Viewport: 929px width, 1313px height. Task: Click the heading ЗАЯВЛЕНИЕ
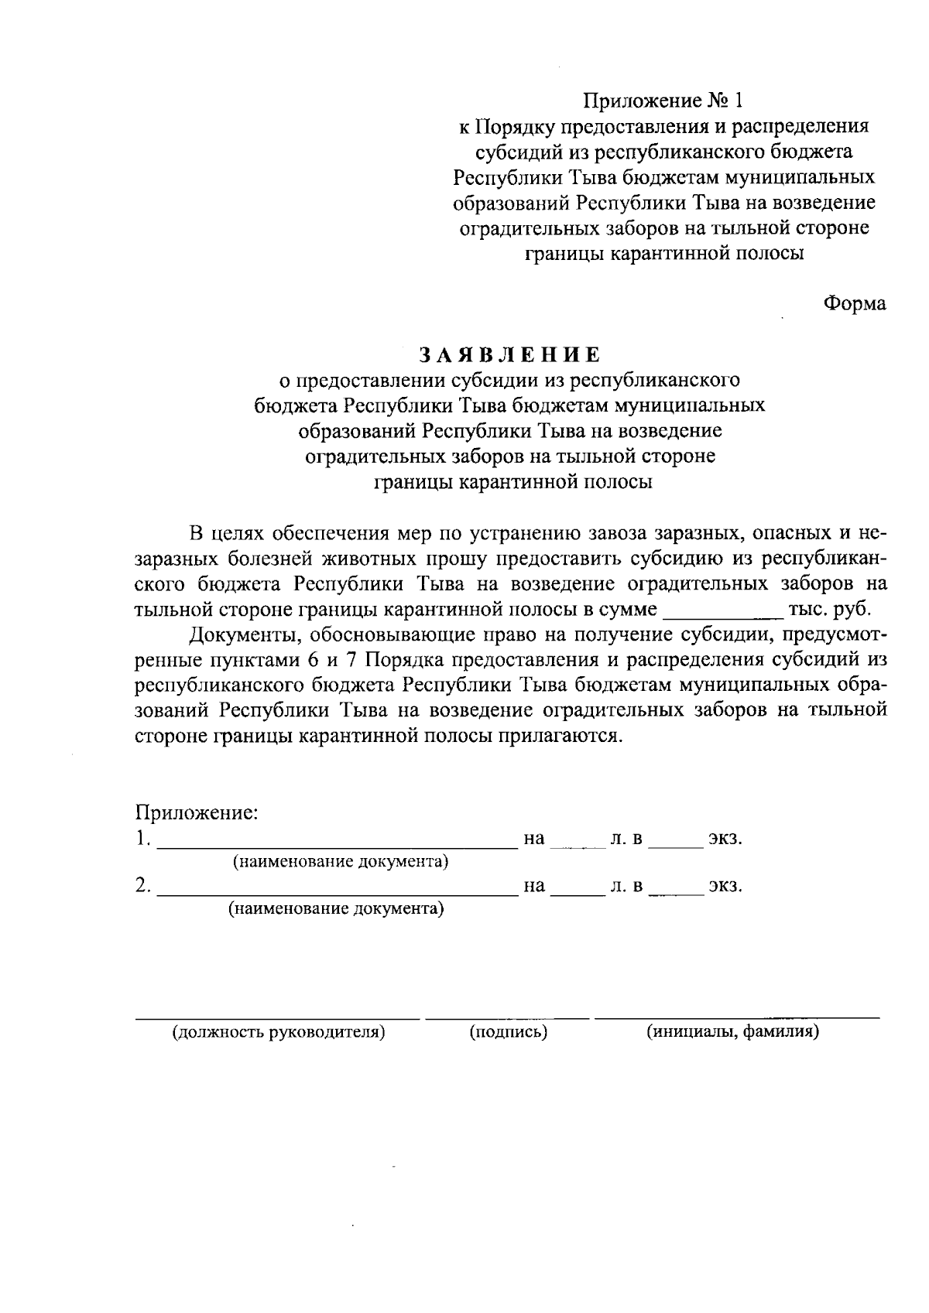coord(509,355)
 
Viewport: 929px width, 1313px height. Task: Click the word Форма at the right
coord(854,304)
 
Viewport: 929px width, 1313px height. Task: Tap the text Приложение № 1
coord(662,101)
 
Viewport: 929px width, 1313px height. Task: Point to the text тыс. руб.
coord(828,609)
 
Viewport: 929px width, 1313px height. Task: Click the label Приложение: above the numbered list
coord(197,813)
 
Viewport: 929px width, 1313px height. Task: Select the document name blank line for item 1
coord(338,845)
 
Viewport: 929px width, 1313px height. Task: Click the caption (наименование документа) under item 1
coord(341,861)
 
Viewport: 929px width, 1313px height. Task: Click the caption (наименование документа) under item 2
coord(336,908)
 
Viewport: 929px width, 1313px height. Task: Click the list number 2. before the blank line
coord(142,886)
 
